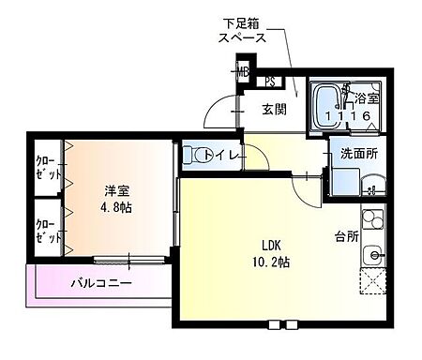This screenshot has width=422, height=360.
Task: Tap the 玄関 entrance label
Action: coord(273,110)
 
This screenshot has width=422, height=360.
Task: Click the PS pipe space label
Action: coord(269,82)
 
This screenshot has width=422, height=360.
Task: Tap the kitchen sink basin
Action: coord(373,254)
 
